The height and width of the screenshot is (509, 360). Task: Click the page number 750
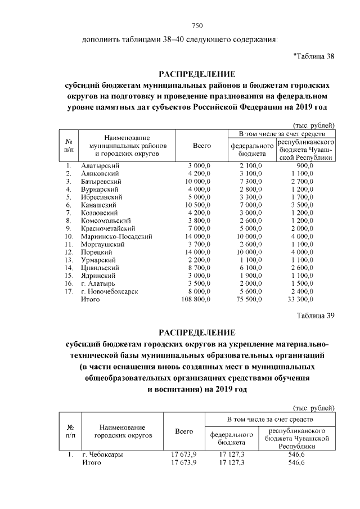197,25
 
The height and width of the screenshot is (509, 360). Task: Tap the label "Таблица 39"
316,315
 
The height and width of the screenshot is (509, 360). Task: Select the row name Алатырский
101,166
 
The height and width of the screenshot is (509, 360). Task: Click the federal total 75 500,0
246,300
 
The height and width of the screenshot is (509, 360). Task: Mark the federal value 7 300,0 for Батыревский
248,182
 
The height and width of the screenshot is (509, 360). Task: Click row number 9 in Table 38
68,229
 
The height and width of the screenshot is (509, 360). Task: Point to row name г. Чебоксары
102,454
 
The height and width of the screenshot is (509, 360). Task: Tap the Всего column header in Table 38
201,146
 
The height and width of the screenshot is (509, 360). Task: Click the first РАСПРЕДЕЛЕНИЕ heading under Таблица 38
197,74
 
